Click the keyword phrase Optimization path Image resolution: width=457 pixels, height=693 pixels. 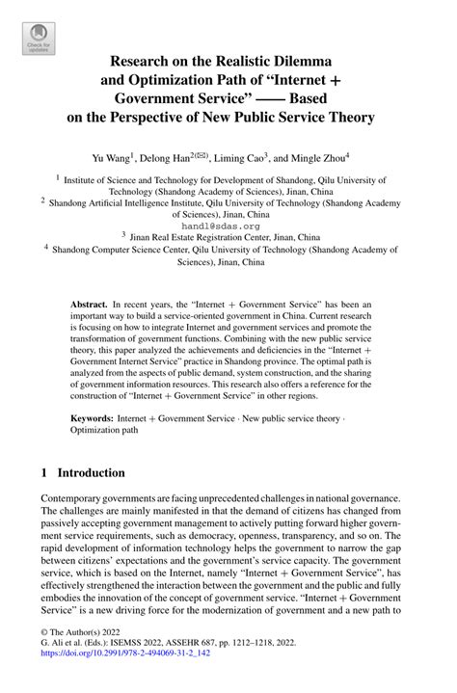point(105,431)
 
